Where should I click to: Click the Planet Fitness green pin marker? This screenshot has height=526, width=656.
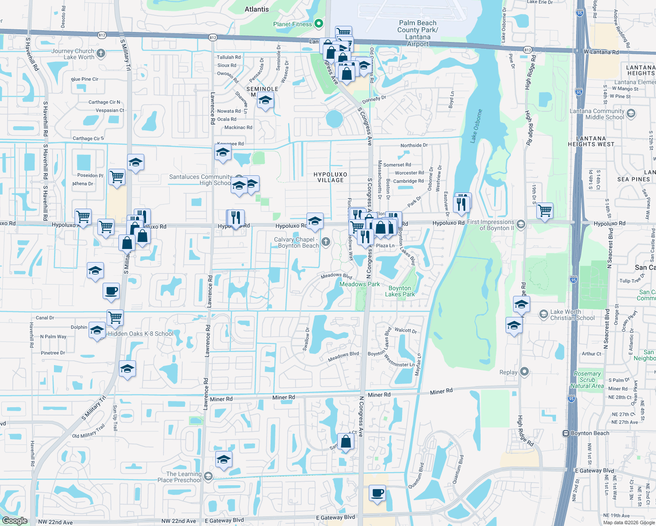click(x=319, y=24)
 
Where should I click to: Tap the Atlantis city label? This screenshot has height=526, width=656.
click(x=257, y=9)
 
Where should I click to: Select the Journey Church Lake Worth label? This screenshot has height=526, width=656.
click(x=73, y=54)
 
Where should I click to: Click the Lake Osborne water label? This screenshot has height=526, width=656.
click(x=476, y=126)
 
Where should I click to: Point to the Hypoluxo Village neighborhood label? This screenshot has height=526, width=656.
click(x=330, y=177)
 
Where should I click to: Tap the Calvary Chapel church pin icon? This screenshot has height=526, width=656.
click(x=325, y=242)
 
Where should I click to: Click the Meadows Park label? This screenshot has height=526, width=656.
click(x=360, y=284)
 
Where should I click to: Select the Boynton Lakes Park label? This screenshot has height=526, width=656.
click(x=400, y=291)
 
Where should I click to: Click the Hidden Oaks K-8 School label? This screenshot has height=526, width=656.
click(x=141, y=334)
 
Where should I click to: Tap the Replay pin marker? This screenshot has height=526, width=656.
click(x=524, y=372)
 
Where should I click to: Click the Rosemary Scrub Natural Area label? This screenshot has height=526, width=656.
click(x=587, y=380)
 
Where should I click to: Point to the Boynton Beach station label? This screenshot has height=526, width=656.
click(x=590, y=433)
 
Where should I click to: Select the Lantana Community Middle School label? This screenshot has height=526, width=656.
click(x=597, y=114)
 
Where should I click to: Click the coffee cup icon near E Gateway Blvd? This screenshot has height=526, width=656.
click(x=377, y=493)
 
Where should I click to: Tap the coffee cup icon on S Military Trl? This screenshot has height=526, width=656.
click(x=111, y=291)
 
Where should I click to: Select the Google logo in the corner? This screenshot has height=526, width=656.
click(x=14, y=520)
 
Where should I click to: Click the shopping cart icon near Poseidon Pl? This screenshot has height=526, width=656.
click(x=117, y=178)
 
